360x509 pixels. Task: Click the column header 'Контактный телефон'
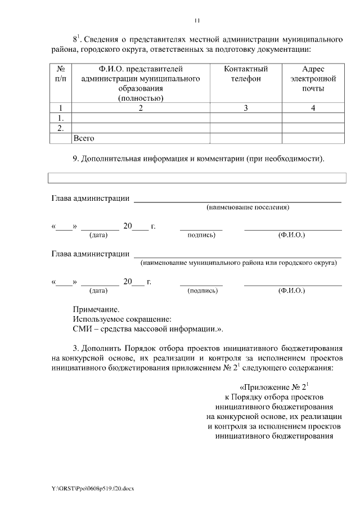pos(246,74)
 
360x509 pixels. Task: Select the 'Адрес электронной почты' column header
pos(313,79)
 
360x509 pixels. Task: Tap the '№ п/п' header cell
pos(61,74)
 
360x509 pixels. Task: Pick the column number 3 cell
pos(246,108)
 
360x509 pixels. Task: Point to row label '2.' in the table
pos(61,128)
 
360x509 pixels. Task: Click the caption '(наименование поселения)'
pos(247,208)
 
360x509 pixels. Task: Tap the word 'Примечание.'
pos(96,309)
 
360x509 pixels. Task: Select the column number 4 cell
pos(313,108)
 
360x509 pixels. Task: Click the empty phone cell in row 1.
pos(246,118)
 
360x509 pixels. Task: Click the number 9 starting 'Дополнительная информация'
pos(75,159)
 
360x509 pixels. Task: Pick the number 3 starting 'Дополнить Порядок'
pos(75,348)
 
